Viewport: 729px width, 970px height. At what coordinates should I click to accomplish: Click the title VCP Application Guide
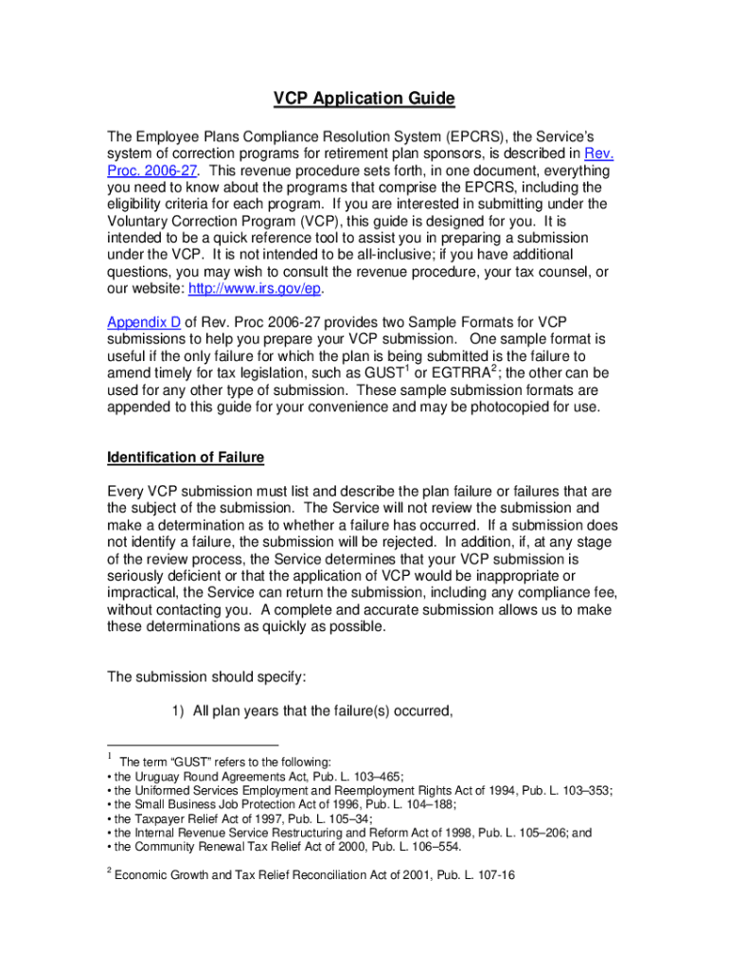[364, 99]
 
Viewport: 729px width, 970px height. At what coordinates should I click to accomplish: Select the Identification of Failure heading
[186, 458]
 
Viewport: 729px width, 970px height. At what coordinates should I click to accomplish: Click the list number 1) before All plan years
[176, 710]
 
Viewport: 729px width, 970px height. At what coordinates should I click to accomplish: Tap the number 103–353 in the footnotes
[582, 791]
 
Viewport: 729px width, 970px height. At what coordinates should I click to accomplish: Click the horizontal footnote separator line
[192, 745]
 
